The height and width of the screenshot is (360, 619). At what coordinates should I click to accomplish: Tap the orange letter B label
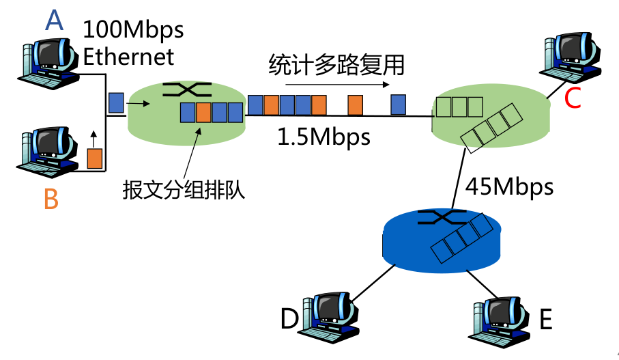pyautogui.click(x=51, y=198)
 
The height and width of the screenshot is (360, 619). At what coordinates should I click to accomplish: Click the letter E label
pyautogui.click(x=545, y=319)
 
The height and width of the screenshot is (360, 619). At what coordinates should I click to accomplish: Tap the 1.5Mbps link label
pyautogui.click(x=323, y=137)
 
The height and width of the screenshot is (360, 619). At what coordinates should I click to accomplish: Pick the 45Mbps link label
pyautogui.click(x=509, y=186)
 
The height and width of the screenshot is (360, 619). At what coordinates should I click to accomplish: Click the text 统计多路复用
pyautogui.click(x=336, y=65)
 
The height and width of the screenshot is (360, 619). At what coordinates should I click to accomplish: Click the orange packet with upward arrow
pyautogui.click(x=94, y=158)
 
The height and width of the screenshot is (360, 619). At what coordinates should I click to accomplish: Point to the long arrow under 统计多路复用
pyautogui.click(x=336, y=85)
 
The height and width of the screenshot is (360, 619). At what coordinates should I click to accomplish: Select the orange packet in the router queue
pyautogui.click(x=203, y=112)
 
